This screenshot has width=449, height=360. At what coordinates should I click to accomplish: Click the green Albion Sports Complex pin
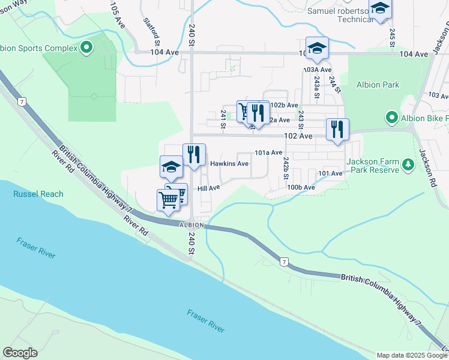86,47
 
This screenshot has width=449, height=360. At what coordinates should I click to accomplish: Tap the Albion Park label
378,85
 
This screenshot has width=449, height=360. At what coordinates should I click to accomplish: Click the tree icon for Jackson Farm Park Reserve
408,164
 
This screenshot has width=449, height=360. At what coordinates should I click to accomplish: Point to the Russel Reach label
38,194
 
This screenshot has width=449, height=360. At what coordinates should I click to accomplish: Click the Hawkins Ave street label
229,163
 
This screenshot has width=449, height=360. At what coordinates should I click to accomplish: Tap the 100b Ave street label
301,187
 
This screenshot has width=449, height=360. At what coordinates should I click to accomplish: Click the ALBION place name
192,225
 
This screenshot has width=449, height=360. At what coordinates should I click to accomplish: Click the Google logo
20,353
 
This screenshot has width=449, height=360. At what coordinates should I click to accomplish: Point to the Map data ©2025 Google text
411,355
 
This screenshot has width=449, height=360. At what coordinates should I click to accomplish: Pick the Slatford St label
151,31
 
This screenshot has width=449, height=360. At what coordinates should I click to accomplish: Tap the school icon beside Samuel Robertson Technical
380,8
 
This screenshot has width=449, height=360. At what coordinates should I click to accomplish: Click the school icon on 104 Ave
317,47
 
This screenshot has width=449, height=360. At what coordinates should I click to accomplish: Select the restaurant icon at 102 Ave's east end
337,129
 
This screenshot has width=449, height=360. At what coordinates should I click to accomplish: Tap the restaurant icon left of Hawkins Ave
194,154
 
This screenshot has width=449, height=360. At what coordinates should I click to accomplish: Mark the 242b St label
286,168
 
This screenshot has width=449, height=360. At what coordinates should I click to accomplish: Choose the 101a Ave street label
268,153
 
